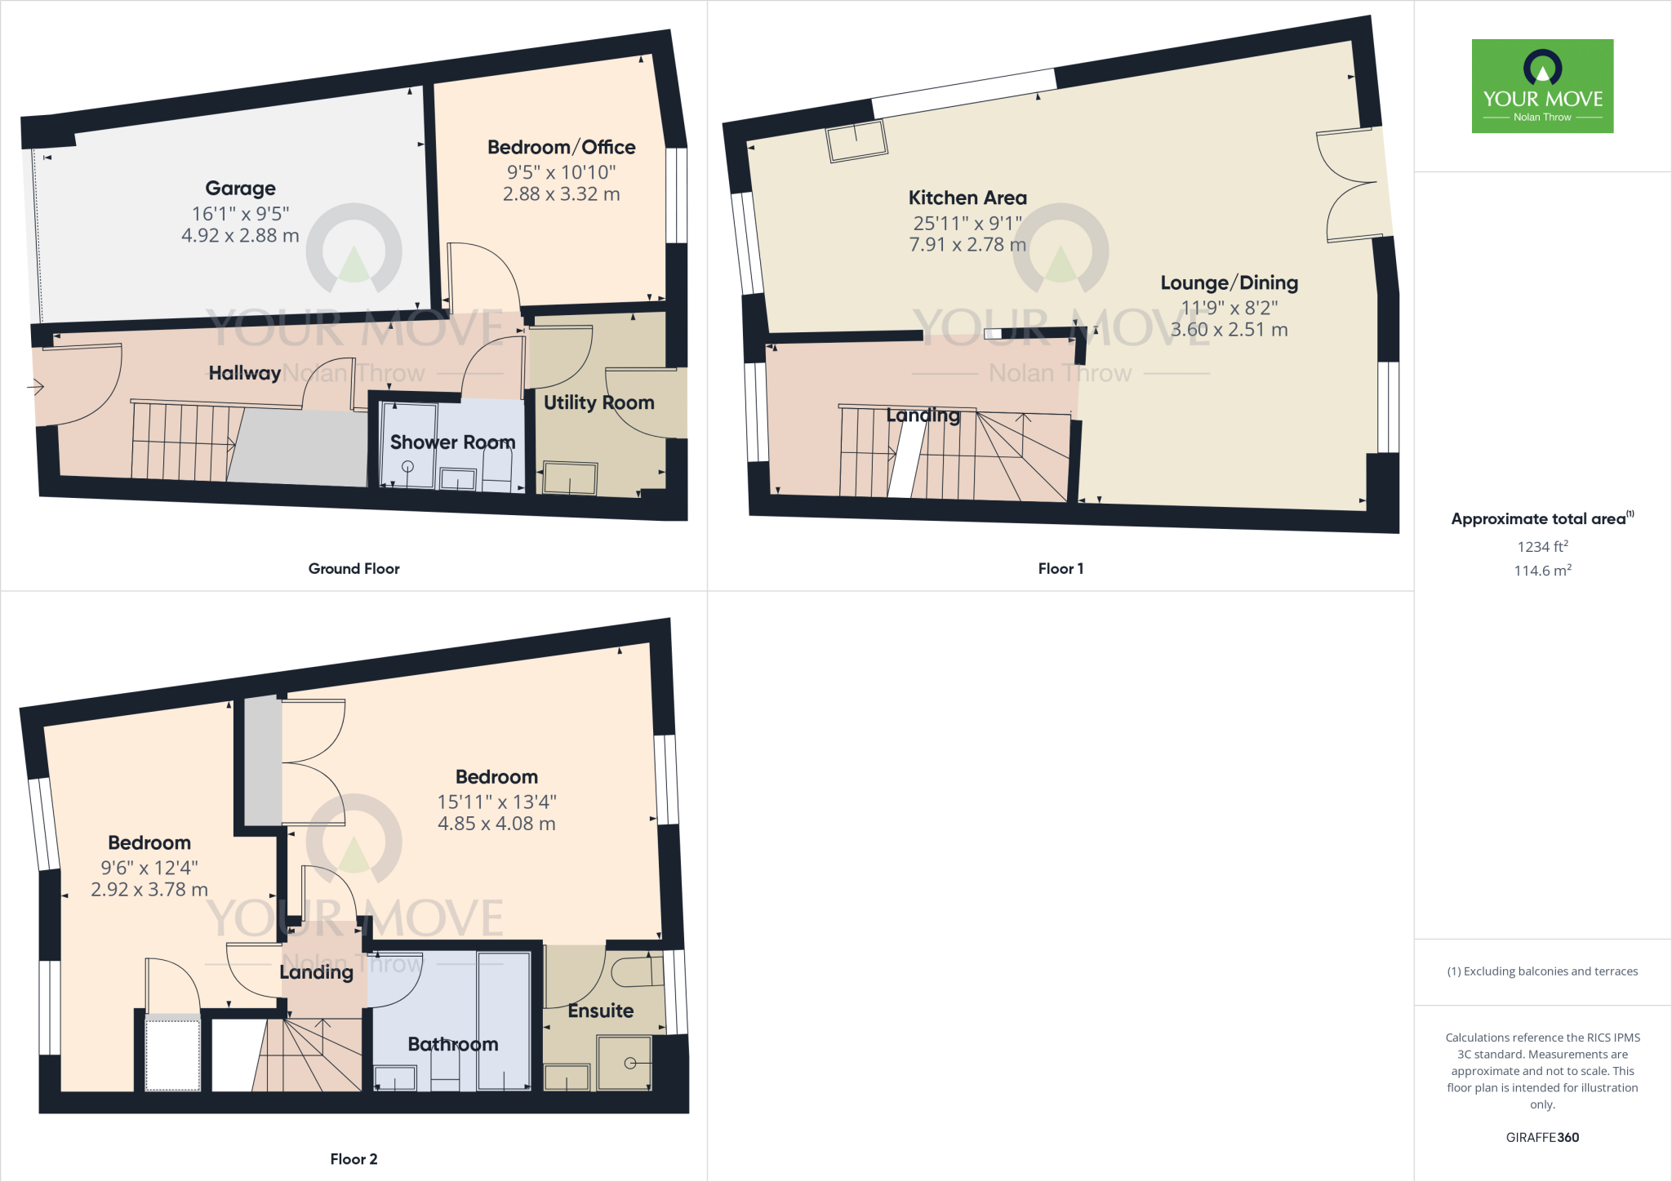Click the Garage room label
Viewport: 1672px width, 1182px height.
pyautogui.click(x=240, y=189)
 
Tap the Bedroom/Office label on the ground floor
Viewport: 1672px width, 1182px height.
pyautogui.click(x=561, y=148)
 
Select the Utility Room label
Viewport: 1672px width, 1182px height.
pyautogui.click(x=598, y=402)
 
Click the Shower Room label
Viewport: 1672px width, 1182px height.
pyautogui.click(x=452, y=442)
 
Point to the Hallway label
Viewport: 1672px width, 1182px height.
pyautogui.click(x=244, y=373)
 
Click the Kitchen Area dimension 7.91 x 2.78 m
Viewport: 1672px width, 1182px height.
pyautogui.click(x=967, y=245)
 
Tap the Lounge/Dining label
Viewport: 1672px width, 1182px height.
pyautogui.click(x=1229, y=283)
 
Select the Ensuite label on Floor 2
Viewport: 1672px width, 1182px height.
pyautogui.click(x=600, y=1011)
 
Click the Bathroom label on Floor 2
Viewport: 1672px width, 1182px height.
pyautogui.click(x=452, y=1045)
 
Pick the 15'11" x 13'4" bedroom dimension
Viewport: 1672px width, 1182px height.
pyautogui.click(x=496, y=802)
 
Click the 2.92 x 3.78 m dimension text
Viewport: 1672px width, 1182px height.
pyautogui.click(x=149, y=890)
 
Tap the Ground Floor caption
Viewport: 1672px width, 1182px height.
pyautogui.click(x=354, y=569)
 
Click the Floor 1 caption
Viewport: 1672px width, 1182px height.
pyautogui.click(x=1061, y=569)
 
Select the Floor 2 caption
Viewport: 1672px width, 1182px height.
pyautogui.click(x=354, y=1159)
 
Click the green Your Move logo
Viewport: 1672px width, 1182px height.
pyautogui.click(x=1542, y=86)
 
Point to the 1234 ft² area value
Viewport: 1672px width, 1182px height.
pyautogui.click(x=1542, y=547)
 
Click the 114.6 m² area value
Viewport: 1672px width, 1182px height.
pyautogui.click(x=1542, y=571)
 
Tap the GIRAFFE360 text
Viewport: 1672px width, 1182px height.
pyautogui.click(x=1542, y=1138)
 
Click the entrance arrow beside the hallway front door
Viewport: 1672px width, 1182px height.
pyautogui.click(x=35, y=386)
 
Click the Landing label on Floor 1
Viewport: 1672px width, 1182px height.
pyautogui.click(x=923, y=415)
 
